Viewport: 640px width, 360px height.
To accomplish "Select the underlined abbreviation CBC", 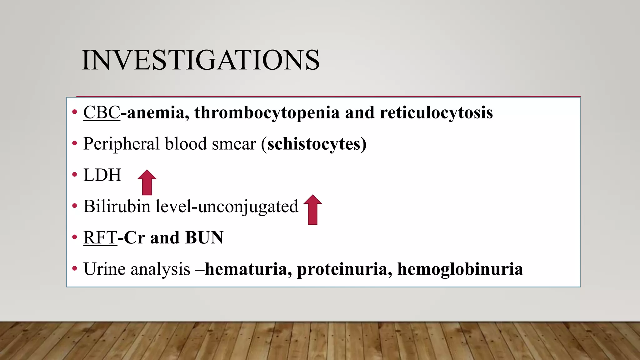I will [x=102, y=112].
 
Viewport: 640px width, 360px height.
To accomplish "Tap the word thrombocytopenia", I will [x=267, y=112].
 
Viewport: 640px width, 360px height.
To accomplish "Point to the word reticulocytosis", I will [x=436, y=112].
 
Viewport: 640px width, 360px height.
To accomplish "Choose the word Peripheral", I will [x=122, y=144].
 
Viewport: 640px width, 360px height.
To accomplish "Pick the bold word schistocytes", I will [x=314, y=144].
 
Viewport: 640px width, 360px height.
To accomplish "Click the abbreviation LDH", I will [x=102, y=175].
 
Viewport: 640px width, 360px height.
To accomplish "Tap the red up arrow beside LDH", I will [x=147, y=182].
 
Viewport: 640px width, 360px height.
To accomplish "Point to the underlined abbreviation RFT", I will [x=100, y=237].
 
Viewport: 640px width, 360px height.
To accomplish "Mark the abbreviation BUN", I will [x=204, y=237].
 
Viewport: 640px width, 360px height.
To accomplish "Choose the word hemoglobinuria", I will [x=460, y=269].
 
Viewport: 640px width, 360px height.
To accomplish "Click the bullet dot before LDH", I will [x=74, y=175].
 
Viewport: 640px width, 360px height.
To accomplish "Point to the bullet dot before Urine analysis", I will [x=74, y=268].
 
